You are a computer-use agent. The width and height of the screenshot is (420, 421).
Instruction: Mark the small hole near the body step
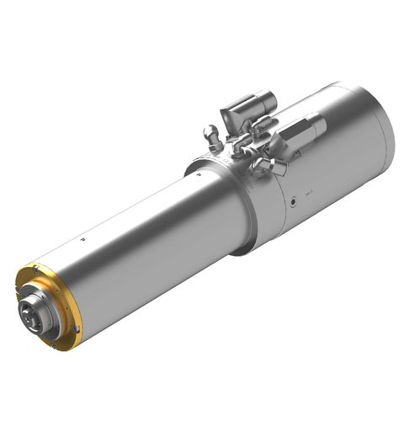(x=198, y=176)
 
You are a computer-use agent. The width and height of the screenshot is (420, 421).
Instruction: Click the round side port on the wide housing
(x=292, y=201)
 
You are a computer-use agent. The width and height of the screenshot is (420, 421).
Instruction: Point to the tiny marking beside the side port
(x=309, y=193)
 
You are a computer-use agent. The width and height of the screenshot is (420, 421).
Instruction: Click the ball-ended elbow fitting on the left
(x=211, y=133)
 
